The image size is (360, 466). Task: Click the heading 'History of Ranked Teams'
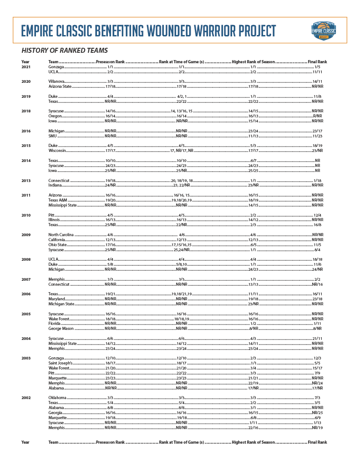click(x=65, y=51)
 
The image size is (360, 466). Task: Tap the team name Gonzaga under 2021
click(x=56, y=67)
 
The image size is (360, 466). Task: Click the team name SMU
click(x=53, y=136)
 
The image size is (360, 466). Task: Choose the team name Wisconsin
click(x=58, y=150)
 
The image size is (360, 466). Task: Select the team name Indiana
click(x=56, y=185)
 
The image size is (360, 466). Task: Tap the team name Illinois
click(x=54, y=220)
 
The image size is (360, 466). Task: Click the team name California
click(x=57, y=240)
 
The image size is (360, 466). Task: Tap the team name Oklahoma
click(x=58, y=398)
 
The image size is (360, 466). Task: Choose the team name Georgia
click(x=56, y=413)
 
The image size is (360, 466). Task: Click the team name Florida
click(x=55, y=323)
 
